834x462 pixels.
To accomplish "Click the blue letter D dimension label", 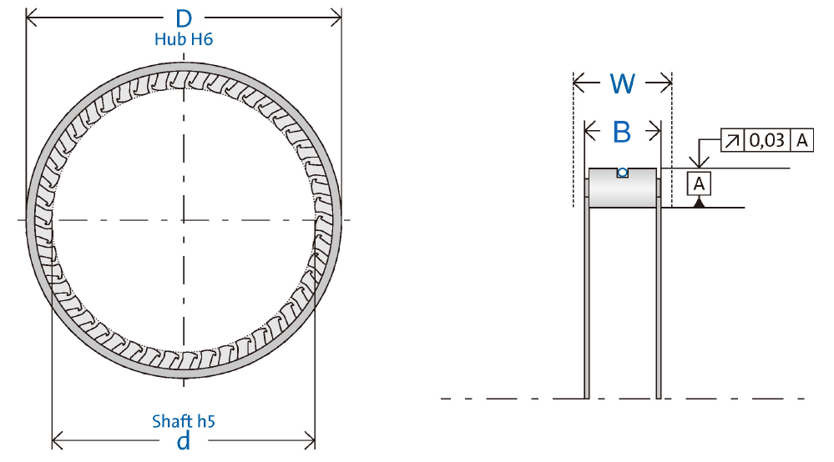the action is [184, 19].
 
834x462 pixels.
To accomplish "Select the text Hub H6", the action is [184, 39].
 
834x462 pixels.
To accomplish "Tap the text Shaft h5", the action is [184, 421].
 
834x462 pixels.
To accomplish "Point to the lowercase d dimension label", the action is [184, 441].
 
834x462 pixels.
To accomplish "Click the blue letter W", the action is [622, 83].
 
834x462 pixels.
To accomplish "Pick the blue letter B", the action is [622, 132].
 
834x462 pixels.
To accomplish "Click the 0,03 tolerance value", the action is [766, 140].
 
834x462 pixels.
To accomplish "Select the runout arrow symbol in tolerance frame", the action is [732, 140].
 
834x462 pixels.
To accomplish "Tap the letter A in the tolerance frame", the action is [802, 140].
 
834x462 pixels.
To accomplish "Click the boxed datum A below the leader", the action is [699, 183].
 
